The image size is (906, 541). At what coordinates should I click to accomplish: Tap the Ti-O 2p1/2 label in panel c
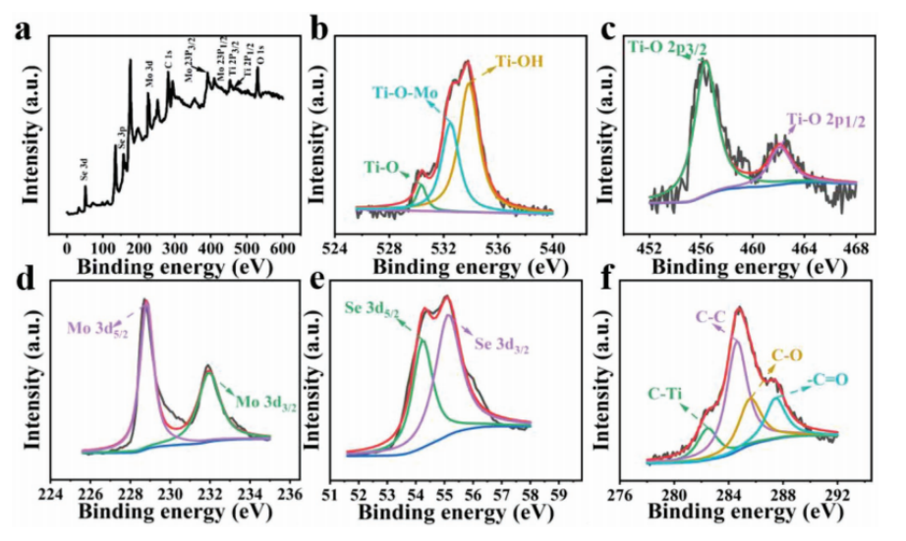[x=826, y=119]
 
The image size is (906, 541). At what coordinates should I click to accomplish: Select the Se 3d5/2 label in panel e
[x=373, y=311]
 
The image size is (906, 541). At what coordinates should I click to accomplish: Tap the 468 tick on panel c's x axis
[x=856, y=245]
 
